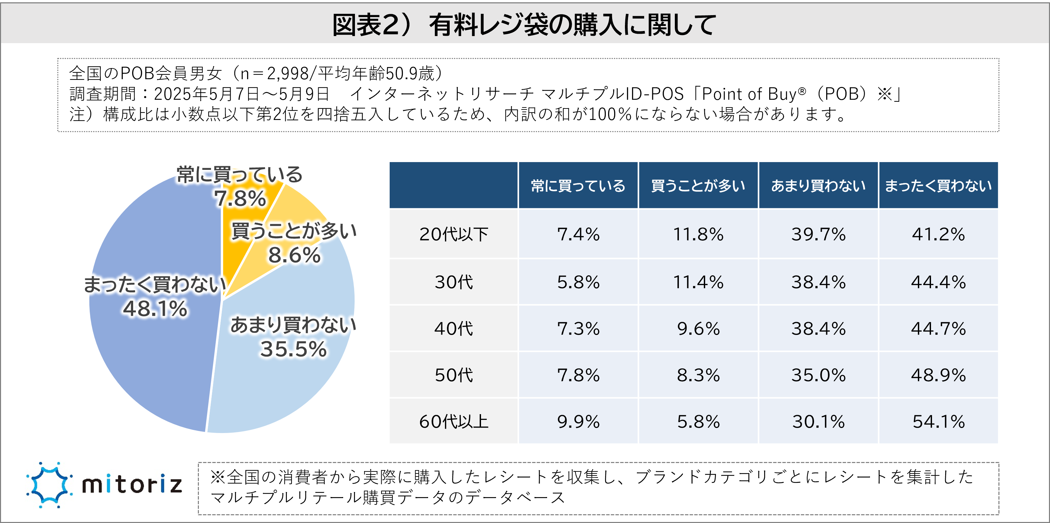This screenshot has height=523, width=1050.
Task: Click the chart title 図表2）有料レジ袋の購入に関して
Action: pyautogui.click(x=524, y=25)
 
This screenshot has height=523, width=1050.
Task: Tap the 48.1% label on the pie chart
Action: pyautogui.click(x=155, y=309)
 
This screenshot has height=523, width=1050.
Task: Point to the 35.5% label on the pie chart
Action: pyautogui.click(x=294, y=349)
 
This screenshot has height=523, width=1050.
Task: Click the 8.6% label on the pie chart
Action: pyautogui.click(x=294, y=255)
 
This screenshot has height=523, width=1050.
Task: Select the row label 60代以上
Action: pyautogui.click(x=454, y=422)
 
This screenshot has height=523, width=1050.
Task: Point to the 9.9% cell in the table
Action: pyautogui.click(x=578, y=422)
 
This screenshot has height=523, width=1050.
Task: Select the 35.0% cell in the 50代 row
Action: pyautogui.click(x=818, y=375)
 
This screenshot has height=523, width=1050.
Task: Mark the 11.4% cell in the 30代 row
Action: pyautogui.click(x=698, y=282)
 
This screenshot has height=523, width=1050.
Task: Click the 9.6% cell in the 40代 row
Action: pyautogui.click(x=698, y=329)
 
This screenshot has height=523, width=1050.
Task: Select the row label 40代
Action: pyautogui.click(x=454, y=329)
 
